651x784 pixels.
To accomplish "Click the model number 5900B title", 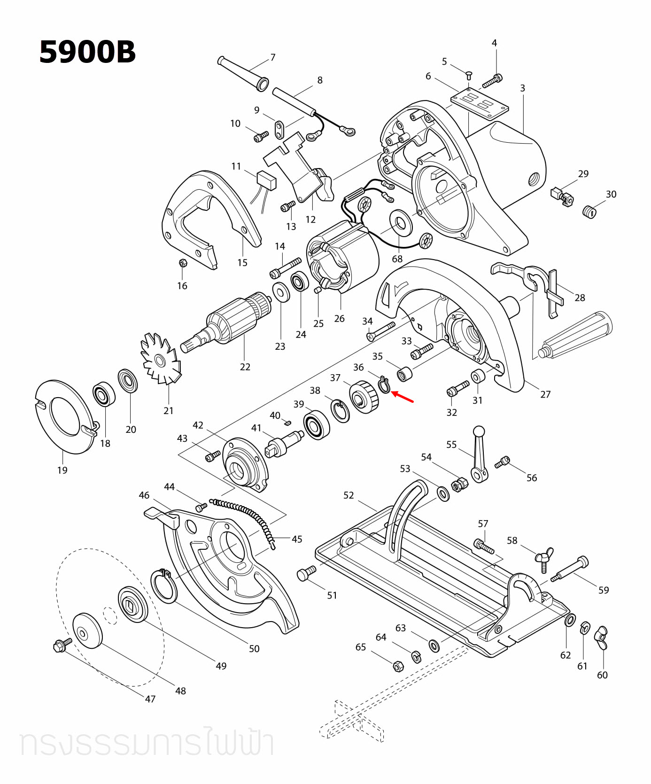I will [87, 52].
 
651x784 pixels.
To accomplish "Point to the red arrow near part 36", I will [403, 397].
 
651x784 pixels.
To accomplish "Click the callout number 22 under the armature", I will [245, 367].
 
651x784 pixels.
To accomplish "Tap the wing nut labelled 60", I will [602, 638].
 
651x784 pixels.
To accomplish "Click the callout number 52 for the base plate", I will [349, 495].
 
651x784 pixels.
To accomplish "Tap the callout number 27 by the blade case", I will [545, 394].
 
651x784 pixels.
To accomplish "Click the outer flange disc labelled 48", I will [87, 630].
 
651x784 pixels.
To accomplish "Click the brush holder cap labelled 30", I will [589, 212].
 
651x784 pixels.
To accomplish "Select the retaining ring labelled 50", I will [164, 585].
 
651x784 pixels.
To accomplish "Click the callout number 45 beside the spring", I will [297, 539].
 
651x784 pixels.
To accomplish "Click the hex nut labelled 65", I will [397, 666].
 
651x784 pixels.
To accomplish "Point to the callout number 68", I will [397, 259].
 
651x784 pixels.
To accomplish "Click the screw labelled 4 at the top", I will [492, 81].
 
